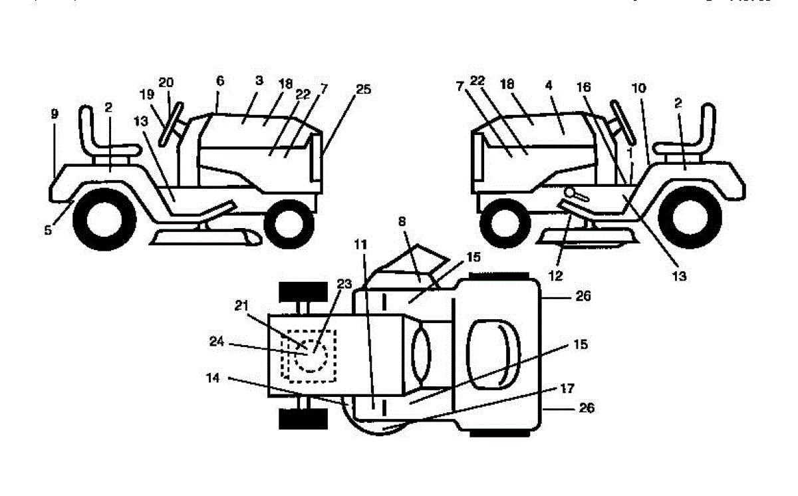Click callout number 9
(55, 114)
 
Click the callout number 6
(220, 80)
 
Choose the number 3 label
(259, 80)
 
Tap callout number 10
(638, 88)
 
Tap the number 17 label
(567, 388)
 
